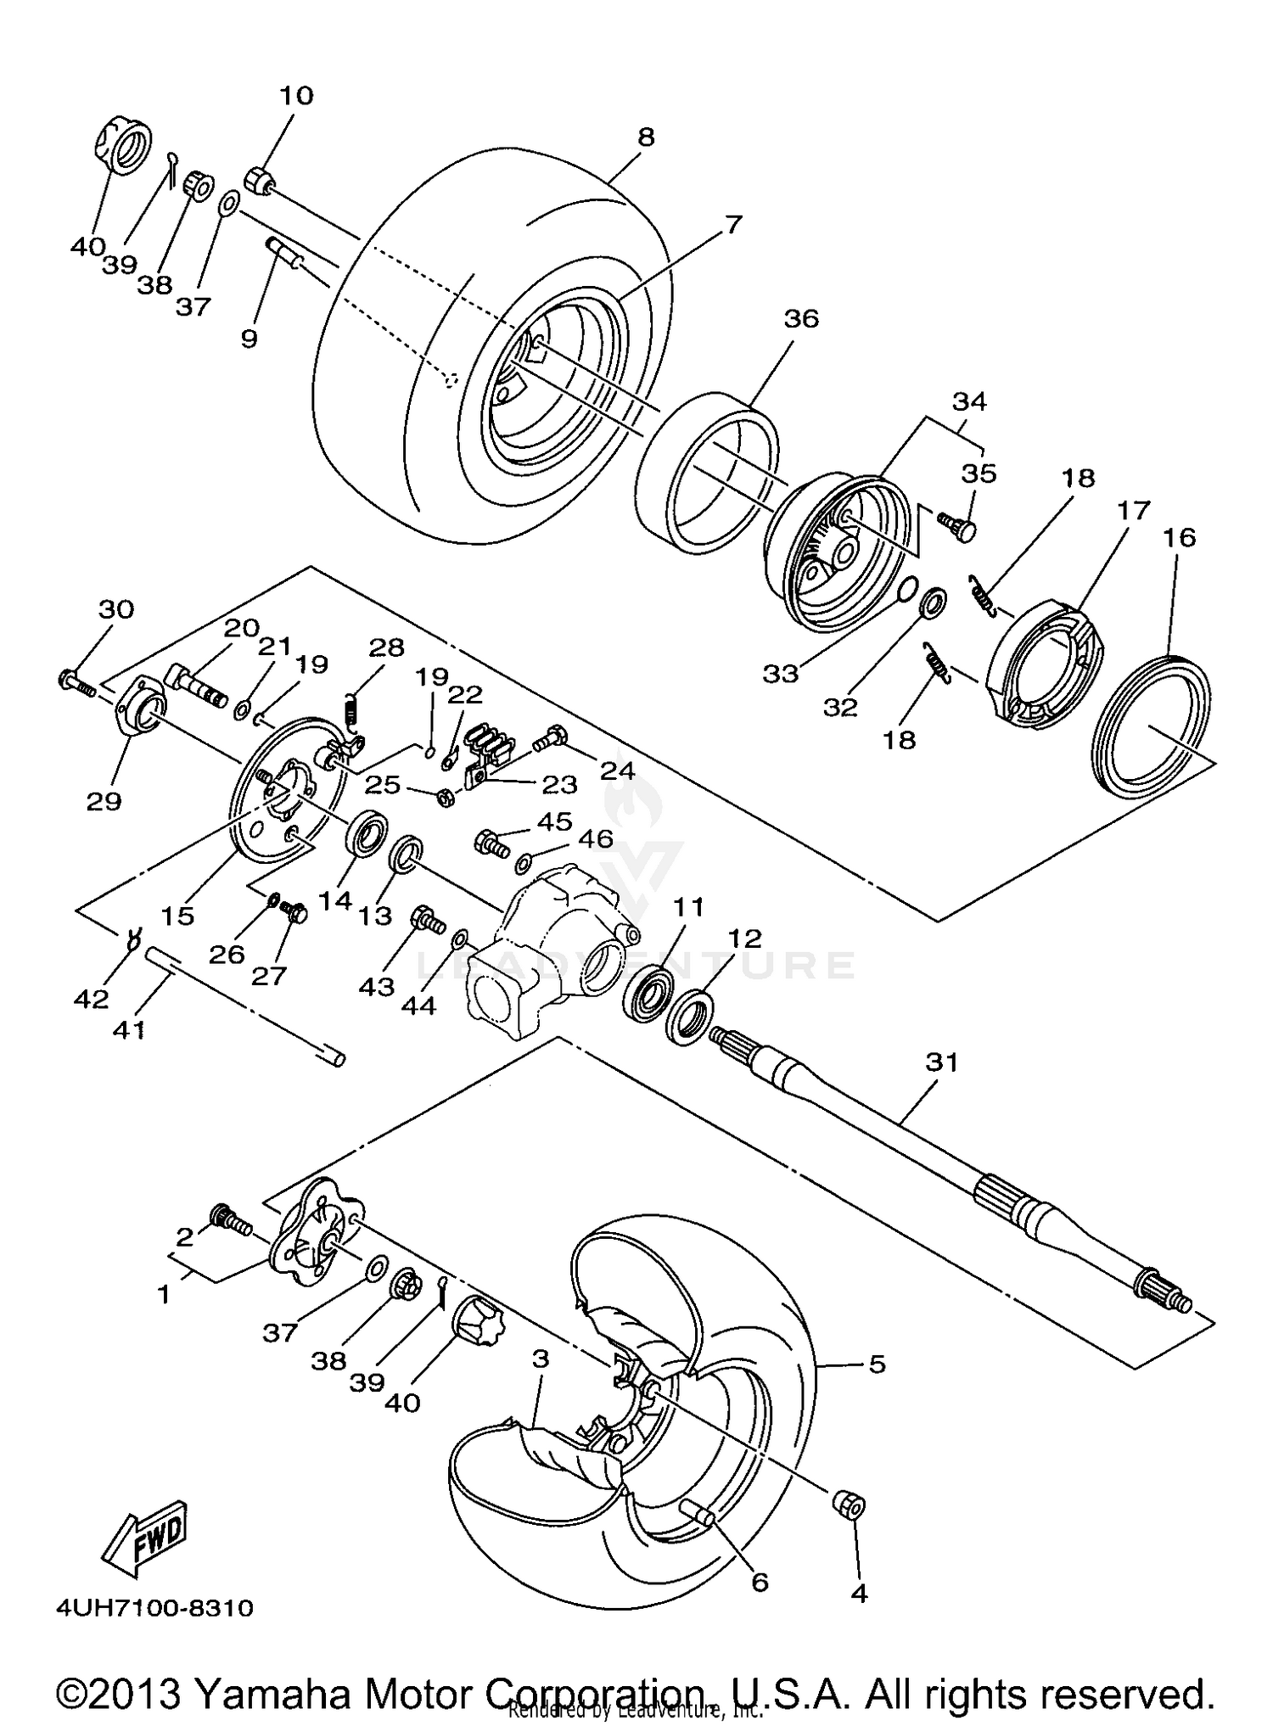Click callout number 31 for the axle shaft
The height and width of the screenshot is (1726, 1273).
point(941,1062)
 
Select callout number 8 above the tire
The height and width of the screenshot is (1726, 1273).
point(646,137)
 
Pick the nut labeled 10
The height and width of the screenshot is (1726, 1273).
point(259,181)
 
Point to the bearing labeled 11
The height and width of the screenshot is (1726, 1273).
point(649,990)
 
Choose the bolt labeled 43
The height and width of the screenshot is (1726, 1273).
point(426,920)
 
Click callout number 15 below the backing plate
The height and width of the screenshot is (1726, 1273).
point(177,916)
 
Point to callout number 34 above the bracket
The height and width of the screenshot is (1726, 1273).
point(970,401)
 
